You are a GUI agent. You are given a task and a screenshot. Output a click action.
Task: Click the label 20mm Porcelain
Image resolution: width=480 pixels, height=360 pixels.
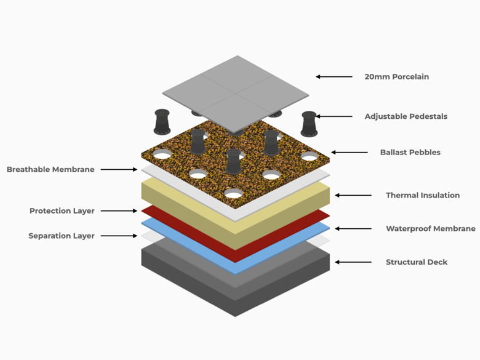396,77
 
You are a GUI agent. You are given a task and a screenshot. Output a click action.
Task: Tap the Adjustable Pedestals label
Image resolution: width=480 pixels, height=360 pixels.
406,116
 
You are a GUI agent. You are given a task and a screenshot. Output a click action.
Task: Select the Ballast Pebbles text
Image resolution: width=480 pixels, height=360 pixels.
410,152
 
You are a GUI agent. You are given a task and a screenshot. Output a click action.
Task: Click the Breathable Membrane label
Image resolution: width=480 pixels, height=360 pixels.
50,169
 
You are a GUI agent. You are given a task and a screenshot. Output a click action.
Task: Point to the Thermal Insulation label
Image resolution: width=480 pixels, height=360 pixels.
422,195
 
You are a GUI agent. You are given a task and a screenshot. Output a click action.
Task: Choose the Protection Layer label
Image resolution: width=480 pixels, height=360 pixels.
62,211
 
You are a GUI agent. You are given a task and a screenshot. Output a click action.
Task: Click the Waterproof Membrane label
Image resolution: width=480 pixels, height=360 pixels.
430,228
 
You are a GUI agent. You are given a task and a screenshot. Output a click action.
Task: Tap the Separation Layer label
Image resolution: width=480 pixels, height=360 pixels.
61,236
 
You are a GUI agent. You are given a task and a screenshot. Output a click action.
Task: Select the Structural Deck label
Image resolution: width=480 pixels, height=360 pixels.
416,262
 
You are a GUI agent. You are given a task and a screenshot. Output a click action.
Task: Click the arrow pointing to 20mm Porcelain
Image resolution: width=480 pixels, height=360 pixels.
334,77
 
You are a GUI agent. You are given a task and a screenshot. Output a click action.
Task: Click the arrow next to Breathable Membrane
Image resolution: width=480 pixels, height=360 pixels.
119,169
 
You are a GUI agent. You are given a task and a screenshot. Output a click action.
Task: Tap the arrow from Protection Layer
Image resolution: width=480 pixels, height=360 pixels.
119,211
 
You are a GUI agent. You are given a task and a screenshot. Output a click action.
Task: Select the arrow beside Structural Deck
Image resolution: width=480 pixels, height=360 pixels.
353,262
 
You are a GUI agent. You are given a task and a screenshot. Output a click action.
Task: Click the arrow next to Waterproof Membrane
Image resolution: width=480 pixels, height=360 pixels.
353,228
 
